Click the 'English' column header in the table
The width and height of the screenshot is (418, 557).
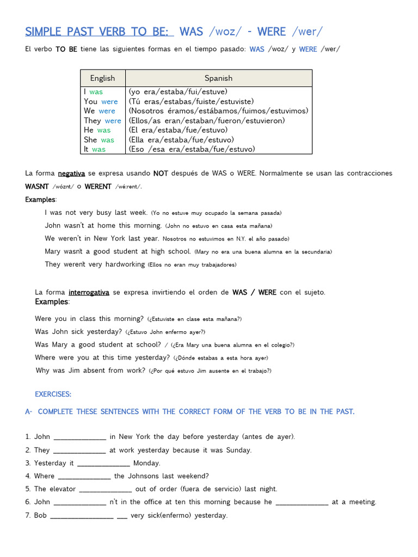102,78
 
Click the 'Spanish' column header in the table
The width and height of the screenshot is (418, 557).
218,78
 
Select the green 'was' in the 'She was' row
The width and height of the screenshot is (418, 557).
107,140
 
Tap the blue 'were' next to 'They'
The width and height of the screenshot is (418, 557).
113,121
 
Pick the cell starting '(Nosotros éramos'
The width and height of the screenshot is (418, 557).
218,111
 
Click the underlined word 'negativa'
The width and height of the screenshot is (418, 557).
71,174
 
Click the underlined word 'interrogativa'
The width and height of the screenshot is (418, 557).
89,293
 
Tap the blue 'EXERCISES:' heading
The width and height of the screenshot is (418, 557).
53,394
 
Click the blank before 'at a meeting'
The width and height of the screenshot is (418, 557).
302,503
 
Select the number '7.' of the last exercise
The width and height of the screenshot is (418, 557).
28,516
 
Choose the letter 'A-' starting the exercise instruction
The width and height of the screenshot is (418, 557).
29,412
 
